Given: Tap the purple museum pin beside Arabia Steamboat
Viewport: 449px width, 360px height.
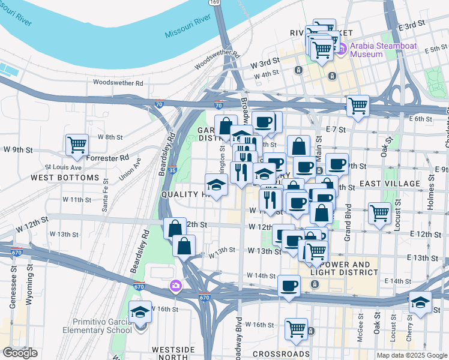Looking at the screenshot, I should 342,48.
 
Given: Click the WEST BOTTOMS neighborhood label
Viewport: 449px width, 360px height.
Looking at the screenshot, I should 64,178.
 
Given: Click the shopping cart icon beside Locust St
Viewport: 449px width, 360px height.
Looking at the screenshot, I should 379,212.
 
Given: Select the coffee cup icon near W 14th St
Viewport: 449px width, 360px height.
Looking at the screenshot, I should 289,285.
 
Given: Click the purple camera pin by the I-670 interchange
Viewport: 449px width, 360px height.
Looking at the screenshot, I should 176,285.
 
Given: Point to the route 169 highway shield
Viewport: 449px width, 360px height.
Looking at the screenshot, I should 214,2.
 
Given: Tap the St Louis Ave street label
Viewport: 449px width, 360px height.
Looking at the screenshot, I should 63,167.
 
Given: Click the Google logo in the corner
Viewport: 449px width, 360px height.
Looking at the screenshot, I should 20,353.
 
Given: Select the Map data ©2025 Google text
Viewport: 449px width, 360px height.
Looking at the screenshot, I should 411,355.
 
